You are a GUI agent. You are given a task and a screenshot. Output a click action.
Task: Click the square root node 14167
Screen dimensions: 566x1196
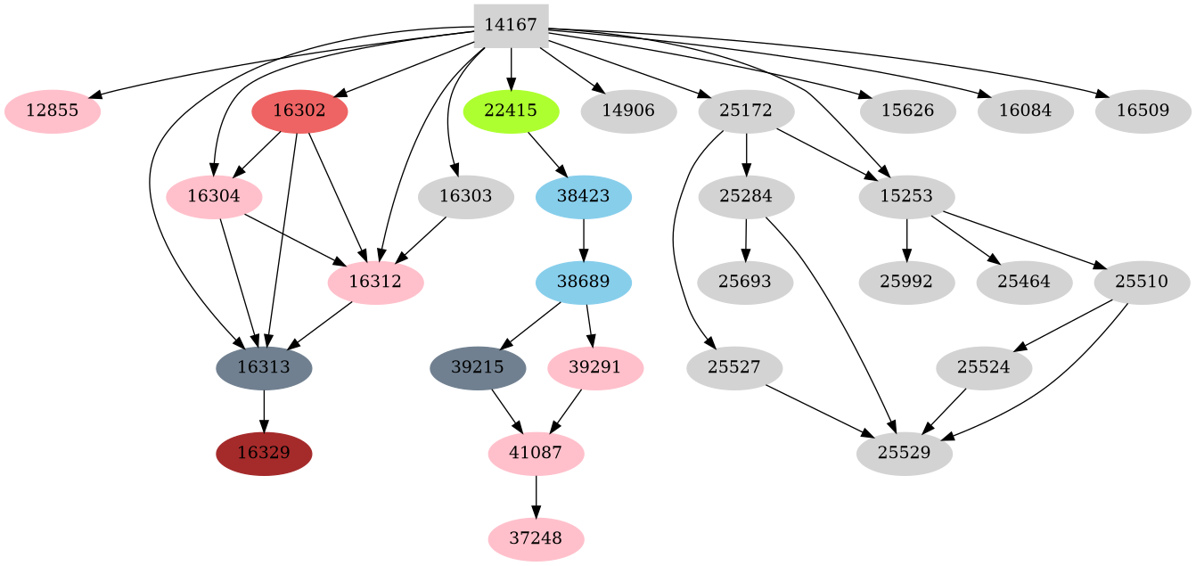coord(511,26)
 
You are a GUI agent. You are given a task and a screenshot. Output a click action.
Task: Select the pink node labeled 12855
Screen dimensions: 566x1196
coord(53,112)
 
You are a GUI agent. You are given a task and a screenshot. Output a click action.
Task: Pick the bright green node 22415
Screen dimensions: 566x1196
coord(511,112)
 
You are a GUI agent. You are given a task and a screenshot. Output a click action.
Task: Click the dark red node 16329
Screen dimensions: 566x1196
coord(264,453)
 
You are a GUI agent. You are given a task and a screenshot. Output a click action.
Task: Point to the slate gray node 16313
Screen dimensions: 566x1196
coord(264,367)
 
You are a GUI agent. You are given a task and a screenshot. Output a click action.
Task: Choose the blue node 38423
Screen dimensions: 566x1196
coord(584,197)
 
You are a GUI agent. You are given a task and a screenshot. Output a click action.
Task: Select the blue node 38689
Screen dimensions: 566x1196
coord(584,283)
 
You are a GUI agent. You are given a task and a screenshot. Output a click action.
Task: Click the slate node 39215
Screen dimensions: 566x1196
coord(478,367)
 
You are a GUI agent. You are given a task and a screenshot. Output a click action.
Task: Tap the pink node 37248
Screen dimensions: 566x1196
coord(536,538)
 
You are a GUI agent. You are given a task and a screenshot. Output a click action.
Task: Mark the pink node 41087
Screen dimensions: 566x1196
coord(536,453)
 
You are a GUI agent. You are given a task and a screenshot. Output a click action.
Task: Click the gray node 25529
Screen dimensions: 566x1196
coord(905,453)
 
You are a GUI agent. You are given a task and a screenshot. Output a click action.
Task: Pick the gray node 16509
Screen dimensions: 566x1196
coord(1142,112)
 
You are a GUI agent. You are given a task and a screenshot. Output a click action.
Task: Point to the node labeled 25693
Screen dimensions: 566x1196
coord(745,283)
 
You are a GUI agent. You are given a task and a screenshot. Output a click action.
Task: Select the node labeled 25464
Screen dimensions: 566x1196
coord(1024,283)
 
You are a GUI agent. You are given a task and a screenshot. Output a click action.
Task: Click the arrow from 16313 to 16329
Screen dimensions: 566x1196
coord(264,410)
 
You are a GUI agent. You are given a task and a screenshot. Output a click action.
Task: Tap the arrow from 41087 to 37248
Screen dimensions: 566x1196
coord(536,496)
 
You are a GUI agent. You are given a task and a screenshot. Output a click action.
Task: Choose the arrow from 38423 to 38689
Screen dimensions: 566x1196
coord(584,240)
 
